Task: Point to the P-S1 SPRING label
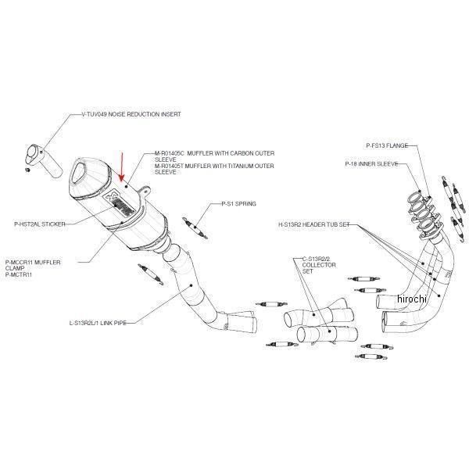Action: click(227, 202)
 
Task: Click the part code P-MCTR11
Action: click(17, 274)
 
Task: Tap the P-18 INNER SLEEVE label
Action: click(371, 164)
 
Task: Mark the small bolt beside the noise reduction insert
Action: click(27, 169)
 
